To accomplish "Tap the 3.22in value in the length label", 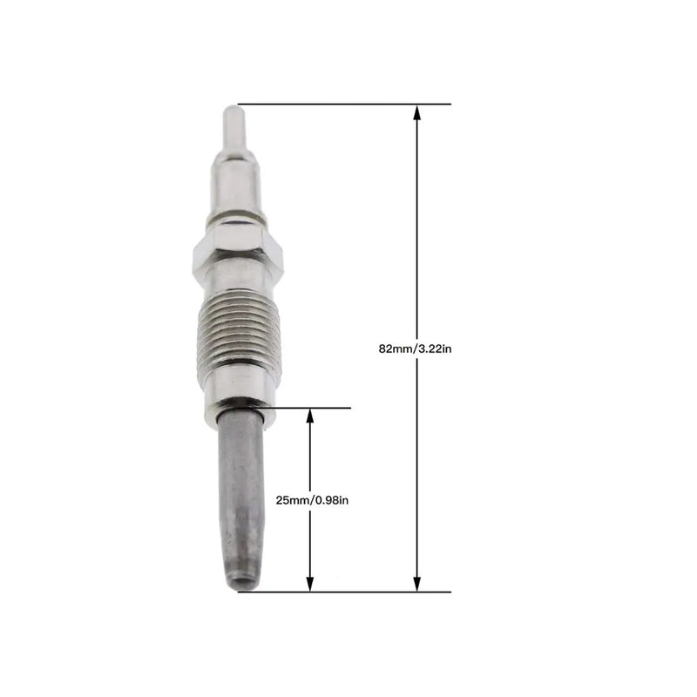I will [436, 348].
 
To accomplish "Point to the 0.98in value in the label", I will [331, 499].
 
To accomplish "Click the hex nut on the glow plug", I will [236, 254].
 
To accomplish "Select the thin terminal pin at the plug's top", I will [231, 125].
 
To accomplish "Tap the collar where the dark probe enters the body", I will [240, 409].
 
